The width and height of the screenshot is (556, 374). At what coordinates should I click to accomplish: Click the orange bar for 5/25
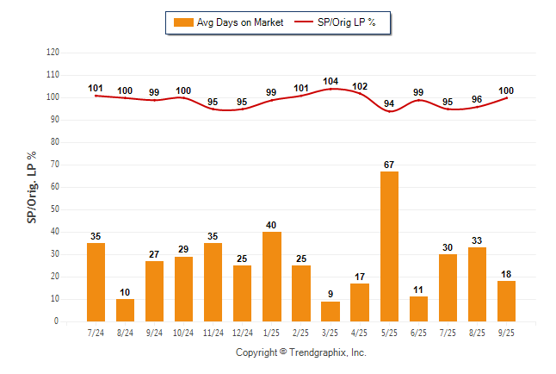tap(389, 246)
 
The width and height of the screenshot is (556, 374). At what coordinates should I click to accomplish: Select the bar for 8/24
tap(126, 310)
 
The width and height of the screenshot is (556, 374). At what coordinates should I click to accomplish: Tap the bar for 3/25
tap(330, 311)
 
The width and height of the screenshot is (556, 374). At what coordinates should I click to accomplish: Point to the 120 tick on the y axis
tap(53, 53)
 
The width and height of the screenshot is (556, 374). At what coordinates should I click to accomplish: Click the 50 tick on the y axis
tap(55, 209)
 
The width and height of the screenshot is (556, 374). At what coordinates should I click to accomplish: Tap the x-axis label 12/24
tap(243, 333)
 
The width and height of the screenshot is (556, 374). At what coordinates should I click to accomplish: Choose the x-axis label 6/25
tap(418, 333)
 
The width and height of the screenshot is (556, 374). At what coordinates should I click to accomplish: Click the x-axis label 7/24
tap(96, 333)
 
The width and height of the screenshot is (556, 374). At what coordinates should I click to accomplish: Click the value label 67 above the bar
tap(389, 165)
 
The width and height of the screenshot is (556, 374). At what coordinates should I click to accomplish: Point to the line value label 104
tap(331, 81)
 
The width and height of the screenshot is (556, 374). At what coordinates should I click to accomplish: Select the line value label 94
tap(389, 103)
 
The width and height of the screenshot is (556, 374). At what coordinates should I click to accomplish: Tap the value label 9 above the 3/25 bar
tap(331, 295)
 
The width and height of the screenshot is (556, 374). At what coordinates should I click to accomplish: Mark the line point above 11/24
tap(213, 109)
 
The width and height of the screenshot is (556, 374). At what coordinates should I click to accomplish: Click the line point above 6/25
tap(418, 100)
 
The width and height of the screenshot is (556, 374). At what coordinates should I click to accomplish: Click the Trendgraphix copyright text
tap(301, 352)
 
